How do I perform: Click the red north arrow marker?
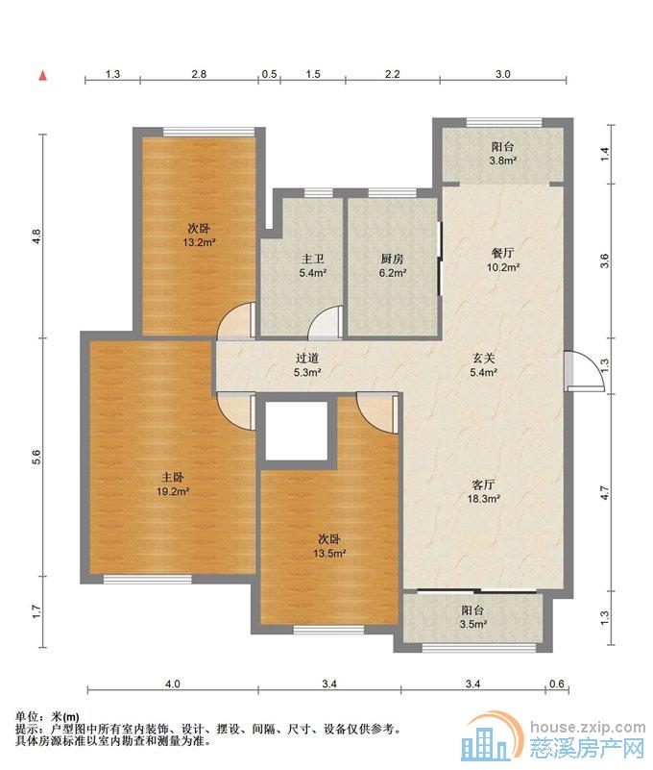43,76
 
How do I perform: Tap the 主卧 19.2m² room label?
173,484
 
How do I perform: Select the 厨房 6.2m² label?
392,265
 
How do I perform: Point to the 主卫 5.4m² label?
313,265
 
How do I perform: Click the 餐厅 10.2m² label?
503,261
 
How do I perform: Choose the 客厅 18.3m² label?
483,492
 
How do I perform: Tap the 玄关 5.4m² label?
483,365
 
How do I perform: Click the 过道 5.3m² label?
307,365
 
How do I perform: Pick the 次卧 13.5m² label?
329,547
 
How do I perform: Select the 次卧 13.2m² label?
199,236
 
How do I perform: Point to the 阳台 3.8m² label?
503,153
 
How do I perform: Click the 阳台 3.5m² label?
473,617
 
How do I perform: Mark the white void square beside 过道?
297,431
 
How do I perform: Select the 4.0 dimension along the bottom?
173,683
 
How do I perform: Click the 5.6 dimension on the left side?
36,458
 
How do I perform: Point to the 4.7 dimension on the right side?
604,492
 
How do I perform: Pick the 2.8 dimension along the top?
199,74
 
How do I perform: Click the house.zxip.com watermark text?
588,727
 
